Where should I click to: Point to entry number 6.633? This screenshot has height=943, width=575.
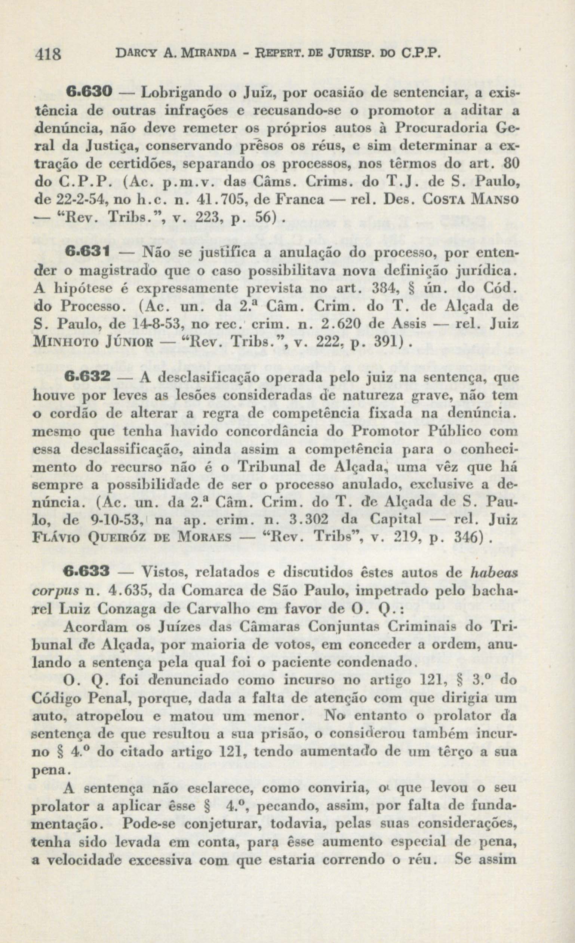click(x=87, y=573)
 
